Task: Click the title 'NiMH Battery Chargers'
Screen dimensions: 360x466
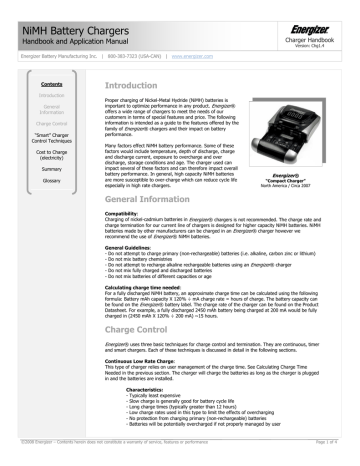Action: (x=60, y=14)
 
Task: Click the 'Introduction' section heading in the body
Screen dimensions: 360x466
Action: (x=133, y=88)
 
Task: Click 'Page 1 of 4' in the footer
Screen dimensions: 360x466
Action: (x=335, y=457)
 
